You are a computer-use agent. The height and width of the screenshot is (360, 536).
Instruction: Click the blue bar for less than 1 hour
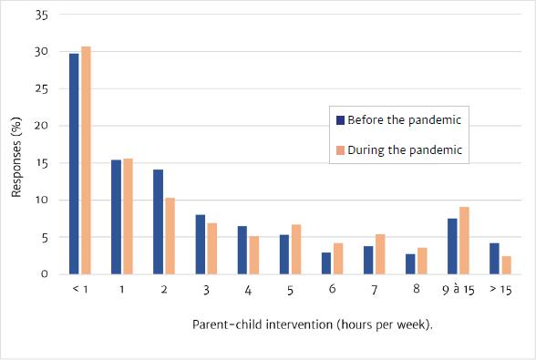74,164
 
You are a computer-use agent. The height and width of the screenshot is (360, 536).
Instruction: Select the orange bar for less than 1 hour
86,160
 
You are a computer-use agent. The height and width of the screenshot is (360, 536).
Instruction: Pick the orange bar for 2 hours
170,236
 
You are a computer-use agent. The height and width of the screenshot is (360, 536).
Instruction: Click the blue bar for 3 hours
201,244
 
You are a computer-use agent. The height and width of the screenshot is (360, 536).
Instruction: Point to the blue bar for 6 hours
326,263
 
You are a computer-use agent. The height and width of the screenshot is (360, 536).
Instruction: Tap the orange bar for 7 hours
380,254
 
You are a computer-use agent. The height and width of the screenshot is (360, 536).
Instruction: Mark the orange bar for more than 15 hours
507,265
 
